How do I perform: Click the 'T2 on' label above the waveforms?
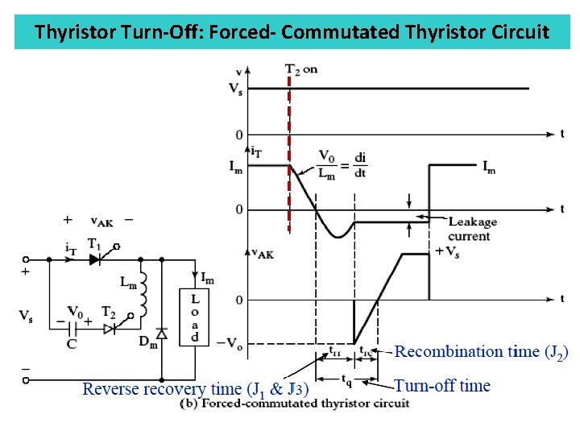(x=301, y=69)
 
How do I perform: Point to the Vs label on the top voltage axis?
(x=235, y=89)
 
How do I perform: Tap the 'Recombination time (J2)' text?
(x=481, y=352)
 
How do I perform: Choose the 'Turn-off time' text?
(x=441, y=386)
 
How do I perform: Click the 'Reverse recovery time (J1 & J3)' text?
(x=195, y=390)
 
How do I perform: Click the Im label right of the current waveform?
(x=489, y=167)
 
